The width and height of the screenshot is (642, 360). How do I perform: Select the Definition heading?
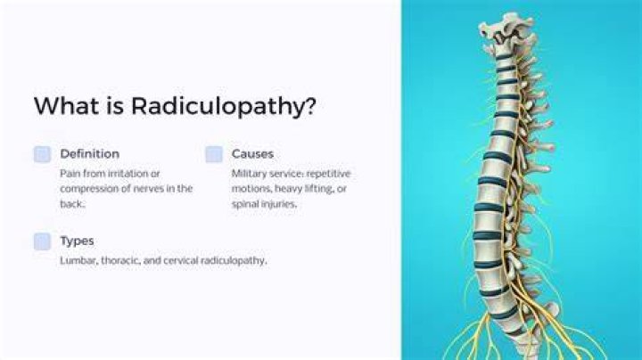click(90, 154)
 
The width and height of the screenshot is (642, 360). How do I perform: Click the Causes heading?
click(252, 154)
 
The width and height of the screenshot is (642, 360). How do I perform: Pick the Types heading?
click(77, 241)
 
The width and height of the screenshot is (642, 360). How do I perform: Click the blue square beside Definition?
click(42, 154)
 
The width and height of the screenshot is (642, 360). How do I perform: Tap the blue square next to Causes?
click(214, 154)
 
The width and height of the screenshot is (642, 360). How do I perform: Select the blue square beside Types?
click(42, 241)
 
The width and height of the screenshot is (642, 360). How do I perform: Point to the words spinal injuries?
click(264, 204)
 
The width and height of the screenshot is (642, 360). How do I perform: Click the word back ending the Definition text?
click(72, 204)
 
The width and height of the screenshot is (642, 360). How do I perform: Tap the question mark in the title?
click(311, 105)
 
